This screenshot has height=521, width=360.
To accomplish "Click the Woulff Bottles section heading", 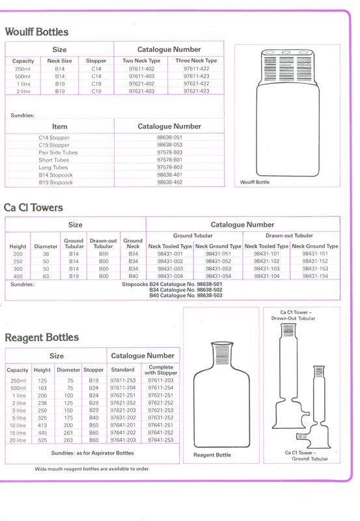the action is coord(36,32).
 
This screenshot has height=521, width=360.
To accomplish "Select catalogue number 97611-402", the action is coord(141,69).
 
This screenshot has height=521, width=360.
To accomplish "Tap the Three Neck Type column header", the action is coord(196,61).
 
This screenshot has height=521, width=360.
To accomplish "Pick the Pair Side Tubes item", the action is coord(58,152).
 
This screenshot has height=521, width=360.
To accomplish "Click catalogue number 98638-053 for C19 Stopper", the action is coord(170,145).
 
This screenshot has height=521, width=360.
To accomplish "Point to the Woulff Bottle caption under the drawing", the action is coord(255,182).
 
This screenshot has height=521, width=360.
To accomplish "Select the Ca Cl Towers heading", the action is coord(33,208).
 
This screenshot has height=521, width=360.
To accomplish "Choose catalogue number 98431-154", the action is coord(315,276).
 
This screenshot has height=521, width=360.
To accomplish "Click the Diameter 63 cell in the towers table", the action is coord(46,276).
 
